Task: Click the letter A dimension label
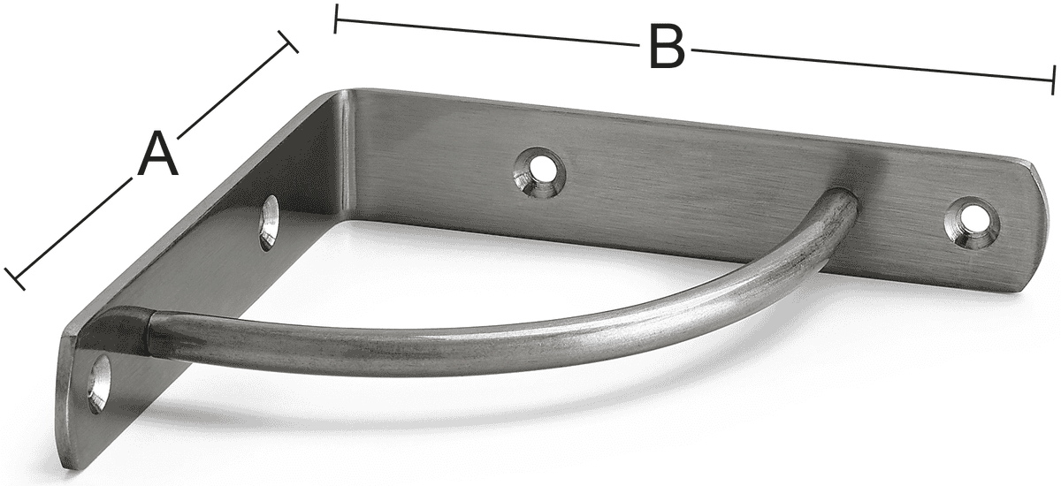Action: tap(158, 155)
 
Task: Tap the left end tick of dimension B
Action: tap(335, 19)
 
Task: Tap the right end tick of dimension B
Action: tap(1053, 80)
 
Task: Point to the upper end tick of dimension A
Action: tap(288, 42)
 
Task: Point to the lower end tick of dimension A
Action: tap(15, 278)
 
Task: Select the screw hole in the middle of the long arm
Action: tap(540, 171)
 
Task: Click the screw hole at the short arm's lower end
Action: tap(100, 384)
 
